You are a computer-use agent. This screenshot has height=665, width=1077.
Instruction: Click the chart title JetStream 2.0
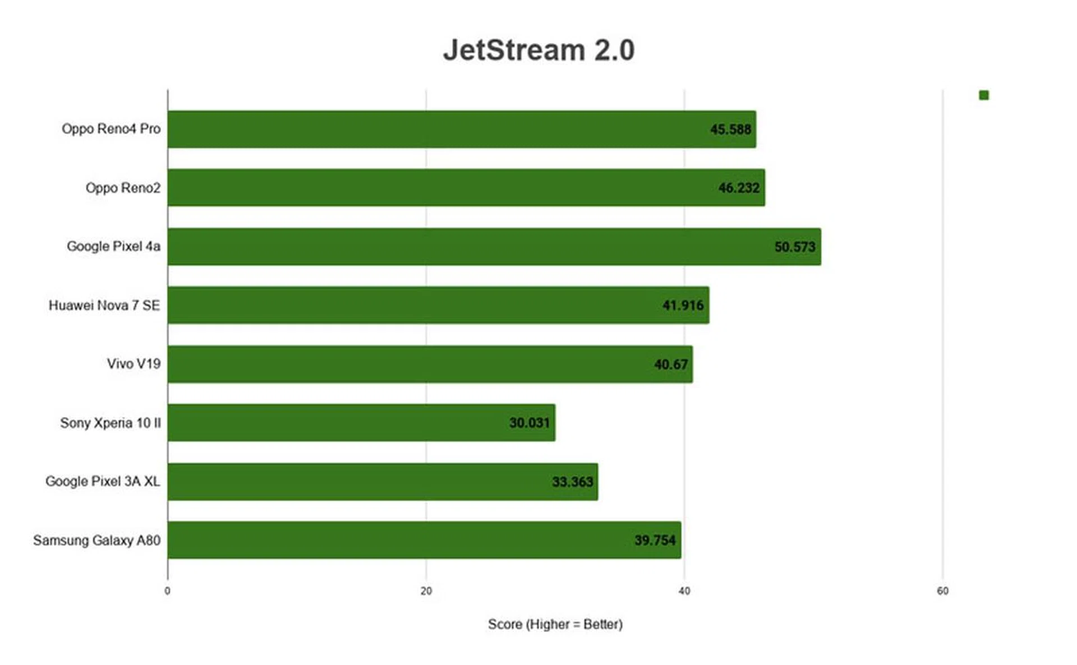click(538, 50)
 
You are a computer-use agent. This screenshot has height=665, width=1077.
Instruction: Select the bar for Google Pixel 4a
click(494, 247)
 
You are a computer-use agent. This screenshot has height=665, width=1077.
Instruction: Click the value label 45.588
click(730, 130)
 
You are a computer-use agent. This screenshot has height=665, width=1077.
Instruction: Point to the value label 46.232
click(739, 188)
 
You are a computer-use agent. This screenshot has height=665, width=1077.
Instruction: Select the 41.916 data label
click(683, 306)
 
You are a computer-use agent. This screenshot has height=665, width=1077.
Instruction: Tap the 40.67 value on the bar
click(671, 364)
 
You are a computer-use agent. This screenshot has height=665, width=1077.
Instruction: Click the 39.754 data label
click(655, 541)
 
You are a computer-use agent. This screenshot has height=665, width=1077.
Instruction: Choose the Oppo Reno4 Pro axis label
click(111, 129)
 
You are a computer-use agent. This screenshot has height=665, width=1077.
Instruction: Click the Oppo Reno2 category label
click(123, 188)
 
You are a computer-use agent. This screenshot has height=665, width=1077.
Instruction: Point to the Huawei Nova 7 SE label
click(104, 306)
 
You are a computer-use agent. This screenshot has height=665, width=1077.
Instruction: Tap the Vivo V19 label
click(134, 364)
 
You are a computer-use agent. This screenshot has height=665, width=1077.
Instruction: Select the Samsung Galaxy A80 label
click(96, 541)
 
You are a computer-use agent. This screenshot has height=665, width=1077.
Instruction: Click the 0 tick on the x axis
click(167, 591)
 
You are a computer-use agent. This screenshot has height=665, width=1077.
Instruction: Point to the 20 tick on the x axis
click(426, 591)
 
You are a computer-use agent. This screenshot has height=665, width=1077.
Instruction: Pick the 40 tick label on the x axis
click(684, 591)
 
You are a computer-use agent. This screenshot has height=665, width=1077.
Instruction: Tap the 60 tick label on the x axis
click(942, 591)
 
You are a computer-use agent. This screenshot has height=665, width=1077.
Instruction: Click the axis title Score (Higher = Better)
click(555, 625)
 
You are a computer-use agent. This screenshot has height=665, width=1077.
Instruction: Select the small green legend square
click(984, 95)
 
